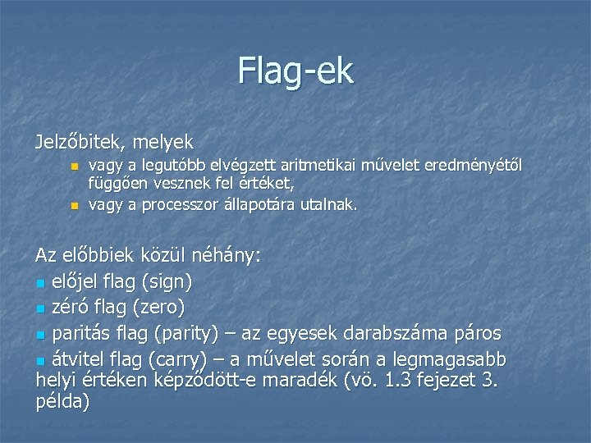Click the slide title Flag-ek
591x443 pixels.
[x=295, y=71]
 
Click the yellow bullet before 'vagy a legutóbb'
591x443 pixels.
[x=74, y=167]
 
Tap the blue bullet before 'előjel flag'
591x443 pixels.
[x=41, y=284]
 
